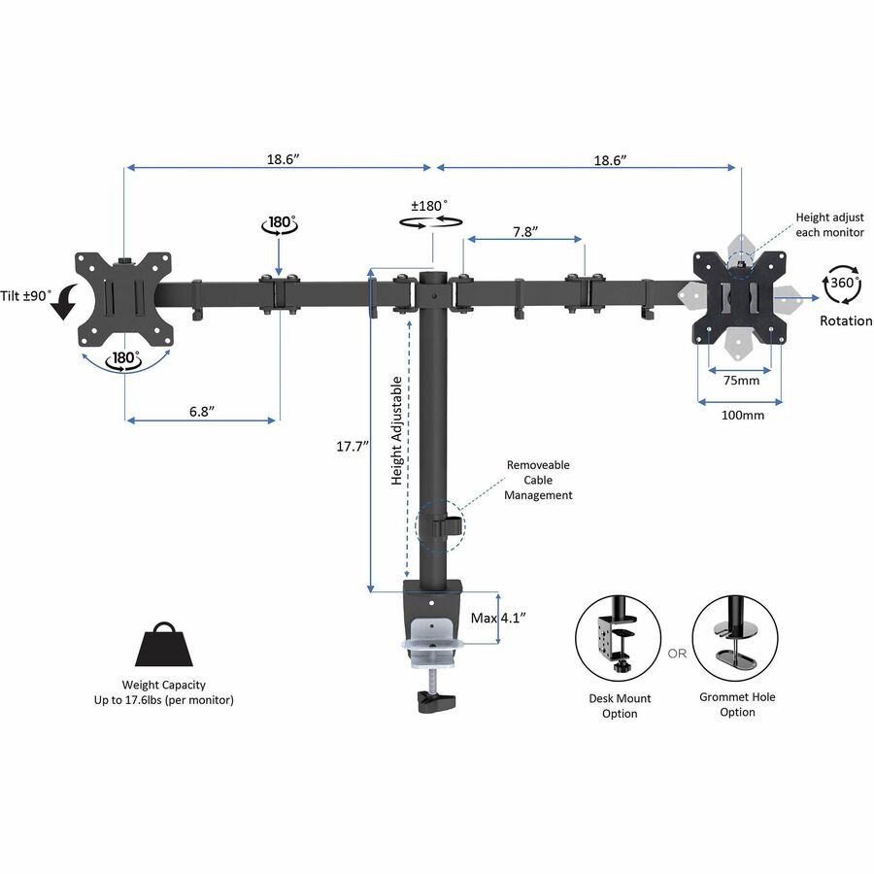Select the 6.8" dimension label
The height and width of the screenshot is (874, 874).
pyautogui.click(x=201, y=411)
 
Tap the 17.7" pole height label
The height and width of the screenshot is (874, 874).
pyautogui.click(x=349, y=447)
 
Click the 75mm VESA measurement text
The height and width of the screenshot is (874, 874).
pyautogui.click(x=742, y=381)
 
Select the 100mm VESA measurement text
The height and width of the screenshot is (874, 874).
pyautogui.click(x=742, y=415)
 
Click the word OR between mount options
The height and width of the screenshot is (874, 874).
pyautogui.click(x=677, y=654)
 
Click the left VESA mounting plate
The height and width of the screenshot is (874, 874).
pyautogui.click(x=125, y=298)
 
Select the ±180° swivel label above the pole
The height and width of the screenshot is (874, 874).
pyautogui.click(x=429, y=206)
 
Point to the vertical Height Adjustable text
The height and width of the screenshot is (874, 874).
pyautogui.click(x=397, y=431)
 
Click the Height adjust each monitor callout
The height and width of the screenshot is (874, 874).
pyautogui.click(x=828, y=225)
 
